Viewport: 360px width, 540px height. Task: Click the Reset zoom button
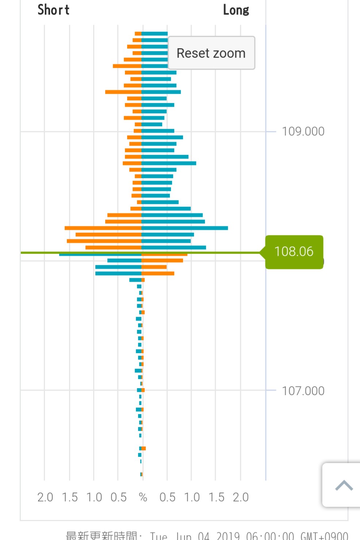click(x=211, y=53)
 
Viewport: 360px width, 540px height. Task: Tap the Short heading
click(x=53, y=10)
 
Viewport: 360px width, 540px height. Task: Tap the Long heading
click(x=236, y=10)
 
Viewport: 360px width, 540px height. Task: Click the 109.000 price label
click(x=303, y=131)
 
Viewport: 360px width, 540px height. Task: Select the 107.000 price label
click(x=303, y=391)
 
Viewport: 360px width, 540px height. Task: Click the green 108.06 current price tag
click(x=294, y=252)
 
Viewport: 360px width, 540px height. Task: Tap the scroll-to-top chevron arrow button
click(x=344, y=485)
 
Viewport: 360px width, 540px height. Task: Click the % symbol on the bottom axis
click(x=143, y=497)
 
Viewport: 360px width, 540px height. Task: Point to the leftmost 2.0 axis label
click(x=45, y=497)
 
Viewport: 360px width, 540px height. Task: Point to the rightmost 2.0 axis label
click(x=241, y=497)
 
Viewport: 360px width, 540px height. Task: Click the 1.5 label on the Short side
click(x=70, y=497)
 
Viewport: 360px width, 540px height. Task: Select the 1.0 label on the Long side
click(x=192, y=497)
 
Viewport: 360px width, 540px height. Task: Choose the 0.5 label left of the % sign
click(x=119, y=497)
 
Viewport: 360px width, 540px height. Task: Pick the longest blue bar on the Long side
click(x=184, y=228)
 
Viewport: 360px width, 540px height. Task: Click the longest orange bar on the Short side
click(x=103, y=228)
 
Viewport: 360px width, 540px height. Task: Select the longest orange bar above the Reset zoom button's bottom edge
click(x=127, y=66)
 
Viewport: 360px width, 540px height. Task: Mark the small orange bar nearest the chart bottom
click(x=142, y=474)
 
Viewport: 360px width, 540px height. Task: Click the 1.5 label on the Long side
click(x=216, y=497)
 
